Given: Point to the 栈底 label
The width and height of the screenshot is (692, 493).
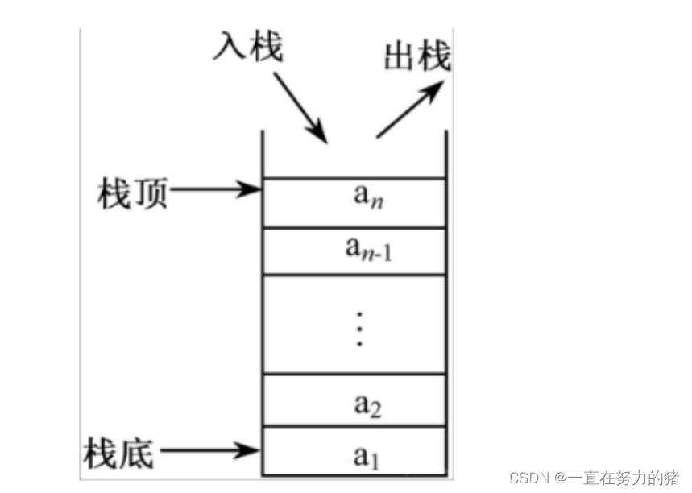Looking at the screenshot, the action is (118, 453).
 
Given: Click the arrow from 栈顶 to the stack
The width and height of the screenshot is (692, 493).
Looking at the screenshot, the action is (214, 191).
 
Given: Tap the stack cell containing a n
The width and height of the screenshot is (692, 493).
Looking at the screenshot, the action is (355, 202).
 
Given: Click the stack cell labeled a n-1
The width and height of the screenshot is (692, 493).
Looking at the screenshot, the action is (355, 251).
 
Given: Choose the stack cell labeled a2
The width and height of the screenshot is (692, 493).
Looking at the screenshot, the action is (355, 400).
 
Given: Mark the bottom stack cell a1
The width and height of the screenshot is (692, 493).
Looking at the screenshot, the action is (355, 453).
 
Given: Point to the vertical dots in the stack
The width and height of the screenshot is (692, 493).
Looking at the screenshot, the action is (360, 325).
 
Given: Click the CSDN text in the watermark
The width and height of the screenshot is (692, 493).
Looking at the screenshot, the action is (526, 478).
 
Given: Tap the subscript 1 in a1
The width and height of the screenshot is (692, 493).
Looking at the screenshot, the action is (372, 461).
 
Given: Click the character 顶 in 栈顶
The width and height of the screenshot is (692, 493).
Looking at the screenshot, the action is (150, 194).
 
